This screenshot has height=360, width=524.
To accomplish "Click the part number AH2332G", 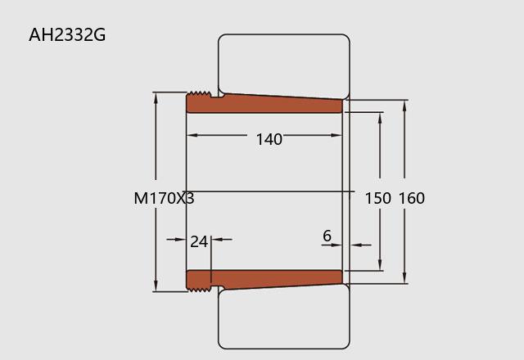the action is (x=67, y=34).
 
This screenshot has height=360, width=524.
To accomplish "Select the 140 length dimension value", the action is (x=269, y=139).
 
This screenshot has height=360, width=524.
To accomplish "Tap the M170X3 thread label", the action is (x=164, y=198).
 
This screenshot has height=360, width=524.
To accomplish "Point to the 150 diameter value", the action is (x=377, y=198).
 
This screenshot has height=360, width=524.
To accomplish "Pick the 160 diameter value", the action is (x=412, y=198).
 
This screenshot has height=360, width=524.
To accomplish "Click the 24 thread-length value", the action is (x=199, y=241).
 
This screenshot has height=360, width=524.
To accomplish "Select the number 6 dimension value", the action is (x=327, y=236).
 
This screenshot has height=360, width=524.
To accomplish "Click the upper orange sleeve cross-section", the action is (x=264, y=103).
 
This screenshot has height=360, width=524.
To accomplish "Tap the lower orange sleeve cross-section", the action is (x=264, y=280).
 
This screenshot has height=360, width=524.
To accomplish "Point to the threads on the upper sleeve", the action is (x=199, y=94).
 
